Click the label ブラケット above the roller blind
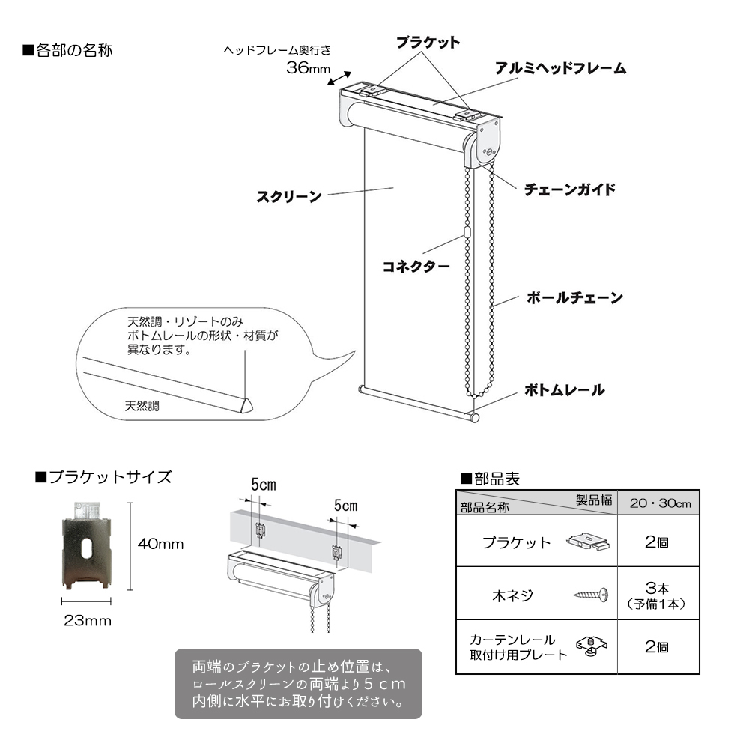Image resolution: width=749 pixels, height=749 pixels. tap(428, 43)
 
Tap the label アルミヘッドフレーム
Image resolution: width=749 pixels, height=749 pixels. tap(560, 68)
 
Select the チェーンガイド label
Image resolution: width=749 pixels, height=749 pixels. tap(570, 189)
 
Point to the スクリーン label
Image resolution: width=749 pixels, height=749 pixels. tap(289, 197)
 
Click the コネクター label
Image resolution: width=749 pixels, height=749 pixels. tap(416, 267)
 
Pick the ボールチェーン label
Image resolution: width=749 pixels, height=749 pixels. tap(574, 298)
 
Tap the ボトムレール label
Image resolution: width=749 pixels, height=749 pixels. tap(565, 390)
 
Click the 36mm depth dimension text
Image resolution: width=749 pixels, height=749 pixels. tap(308, 68)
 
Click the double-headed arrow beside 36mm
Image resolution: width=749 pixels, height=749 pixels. tap(339, 79)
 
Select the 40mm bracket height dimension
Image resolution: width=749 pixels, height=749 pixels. tap(160, 544)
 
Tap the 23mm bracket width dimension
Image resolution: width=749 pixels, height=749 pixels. tap(88, 620)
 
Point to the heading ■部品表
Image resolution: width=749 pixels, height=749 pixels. tap(490, 479)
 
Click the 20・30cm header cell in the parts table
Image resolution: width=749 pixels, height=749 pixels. tap(660, 503)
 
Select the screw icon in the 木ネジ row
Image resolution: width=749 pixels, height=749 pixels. tap(591, 595)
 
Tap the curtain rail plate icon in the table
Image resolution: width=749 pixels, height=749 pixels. tap(592, 646)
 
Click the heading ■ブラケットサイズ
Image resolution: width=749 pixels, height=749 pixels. tap(103, 476)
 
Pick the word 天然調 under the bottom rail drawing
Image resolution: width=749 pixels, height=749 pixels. tap(142, 406)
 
